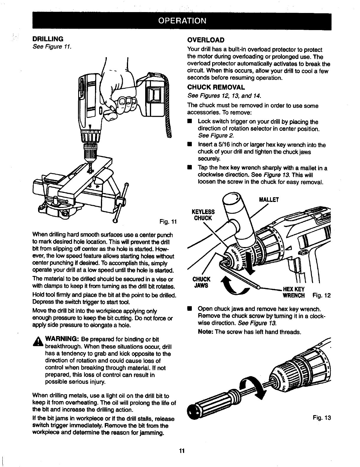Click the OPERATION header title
181,21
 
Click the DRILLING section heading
48,39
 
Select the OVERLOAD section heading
206,40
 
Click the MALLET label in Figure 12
269,200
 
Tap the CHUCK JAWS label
201,282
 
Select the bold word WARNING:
61,339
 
